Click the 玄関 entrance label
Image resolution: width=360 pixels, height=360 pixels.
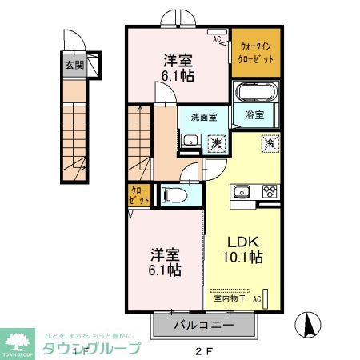(74, 65)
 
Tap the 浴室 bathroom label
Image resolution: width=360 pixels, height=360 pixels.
(255, 114)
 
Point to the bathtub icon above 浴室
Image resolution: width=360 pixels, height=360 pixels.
(255, 91)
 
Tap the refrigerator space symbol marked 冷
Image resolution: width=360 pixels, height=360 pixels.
(271, 144)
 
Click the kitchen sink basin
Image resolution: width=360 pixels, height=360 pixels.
(242, 191)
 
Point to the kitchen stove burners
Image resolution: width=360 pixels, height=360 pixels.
(269, 191)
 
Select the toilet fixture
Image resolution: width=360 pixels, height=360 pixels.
(174, 194)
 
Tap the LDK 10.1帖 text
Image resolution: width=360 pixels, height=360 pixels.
(241, 250)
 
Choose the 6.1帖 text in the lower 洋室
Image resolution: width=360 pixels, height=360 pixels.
(163, 270)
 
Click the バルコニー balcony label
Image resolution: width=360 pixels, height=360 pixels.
(203, 326)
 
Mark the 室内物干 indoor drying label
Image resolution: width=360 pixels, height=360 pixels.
(230, 298)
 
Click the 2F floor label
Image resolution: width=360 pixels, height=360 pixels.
(202, 350)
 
